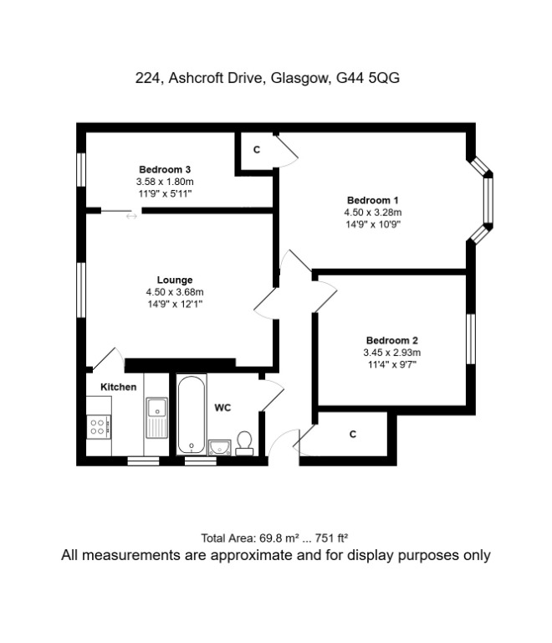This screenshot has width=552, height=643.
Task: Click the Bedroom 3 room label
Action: tap(165, 169)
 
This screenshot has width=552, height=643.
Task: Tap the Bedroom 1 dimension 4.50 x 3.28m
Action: tap(373, 213)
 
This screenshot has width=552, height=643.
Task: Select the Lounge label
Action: tap(175, 280)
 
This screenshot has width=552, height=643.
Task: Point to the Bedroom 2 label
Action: tap(392, 341)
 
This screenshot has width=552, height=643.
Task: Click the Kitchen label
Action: tap(118, 387)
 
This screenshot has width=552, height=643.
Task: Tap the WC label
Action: tap(222, 408)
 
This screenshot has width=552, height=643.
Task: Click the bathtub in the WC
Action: tap(191, 414)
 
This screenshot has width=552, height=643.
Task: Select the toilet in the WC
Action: tap(245, 443)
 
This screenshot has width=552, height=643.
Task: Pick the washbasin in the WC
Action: tap(220, 447)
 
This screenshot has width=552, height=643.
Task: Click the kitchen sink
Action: tap(157, 418)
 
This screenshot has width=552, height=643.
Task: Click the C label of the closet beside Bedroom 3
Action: tap(257, 150)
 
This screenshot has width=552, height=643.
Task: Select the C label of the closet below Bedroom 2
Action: tap(353, 434)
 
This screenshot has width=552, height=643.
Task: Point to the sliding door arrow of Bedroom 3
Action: tap(131, 216)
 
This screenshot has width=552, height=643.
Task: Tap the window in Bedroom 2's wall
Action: tap(471, 339)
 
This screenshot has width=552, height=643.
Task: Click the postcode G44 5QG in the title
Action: tap(368, 78)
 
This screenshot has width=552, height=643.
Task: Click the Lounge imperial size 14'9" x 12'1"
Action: tap(175, 304)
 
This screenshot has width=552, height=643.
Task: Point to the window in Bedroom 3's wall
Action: tap(81, 170)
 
